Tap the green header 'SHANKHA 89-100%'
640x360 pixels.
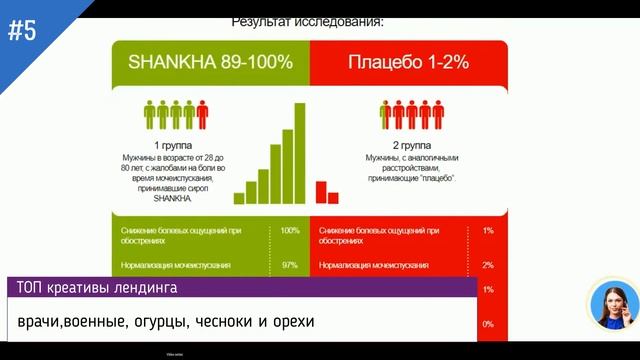210,62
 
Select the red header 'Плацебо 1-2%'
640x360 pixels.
408,62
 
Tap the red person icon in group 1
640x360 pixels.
202,115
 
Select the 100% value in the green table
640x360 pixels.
290,231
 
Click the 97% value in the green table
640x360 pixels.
290,265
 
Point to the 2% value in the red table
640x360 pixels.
488,265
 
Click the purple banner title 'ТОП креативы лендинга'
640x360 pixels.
97,289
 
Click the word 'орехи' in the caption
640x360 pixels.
291,322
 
